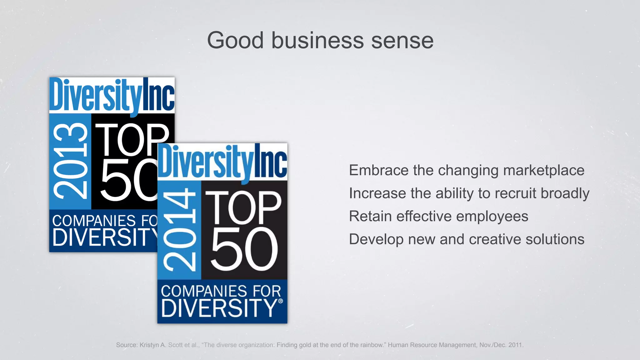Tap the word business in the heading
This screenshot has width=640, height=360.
tap(317, 41)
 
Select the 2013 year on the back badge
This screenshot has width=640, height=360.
tap(70, 161)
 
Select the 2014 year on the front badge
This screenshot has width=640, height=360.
tap(179, 230)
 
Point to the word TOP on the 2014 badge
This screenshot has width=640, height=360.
tap(243, 208)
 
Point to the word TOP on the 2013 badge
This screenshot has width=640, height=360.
tap(131, 140)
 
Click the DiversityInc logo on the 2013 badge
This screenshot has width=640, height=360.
tap(112, 95)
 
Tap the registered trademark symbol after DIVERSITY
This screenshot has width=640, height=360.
tap(280, 301)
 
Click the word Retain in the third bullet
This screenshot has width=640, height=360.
tap(370, 216)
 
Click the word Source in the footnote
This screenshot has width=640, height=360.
tap(126, 345)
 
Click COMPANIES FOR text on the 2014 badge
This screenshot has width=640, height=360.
tap(221, 291)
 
